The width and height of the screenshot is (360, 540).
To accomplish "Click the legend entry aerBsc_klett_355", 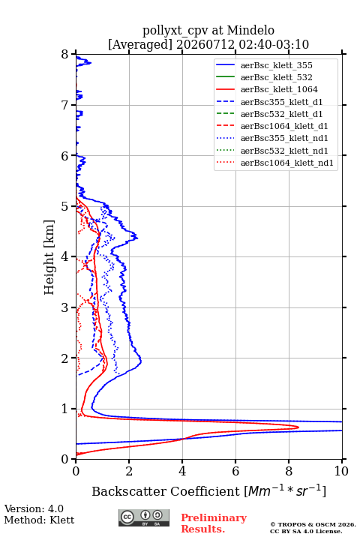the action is click(x=276, y=65).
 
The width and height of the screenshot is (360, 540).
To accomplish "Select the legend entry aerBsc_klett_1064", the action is click(x=279, y=89).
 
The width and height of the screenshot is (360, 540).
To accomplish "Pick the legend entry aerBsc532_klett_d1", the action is click(x=281, y=114).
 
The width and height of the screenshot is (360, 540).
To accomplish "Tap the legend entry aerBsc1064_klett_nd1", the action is click(x=287, y=163).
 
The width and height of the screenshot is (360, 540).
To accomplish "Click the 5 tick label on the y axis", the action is click(x=65, y=206).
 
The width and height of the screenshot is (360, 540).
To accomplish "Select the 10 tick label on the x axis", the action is click(x=341, y=471).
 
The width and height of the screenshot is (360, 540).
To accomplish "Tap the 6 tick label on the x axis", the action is click(x=235, y=471).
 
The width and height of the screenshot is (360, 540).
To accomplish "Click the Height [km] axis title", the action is click(x=49, y=257).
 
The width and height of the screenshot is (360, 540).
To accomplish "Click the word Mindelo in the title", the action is click(x=250, y=30).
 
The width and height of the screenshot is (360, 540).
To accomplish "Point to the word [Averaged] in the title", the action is click(x=140, y=44).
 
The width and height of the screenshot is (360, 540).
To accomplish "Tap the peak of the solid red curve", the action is click(x=298, y=427).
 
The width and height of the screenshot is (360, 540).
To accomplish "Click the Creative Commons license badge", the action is click(x=144, y=518).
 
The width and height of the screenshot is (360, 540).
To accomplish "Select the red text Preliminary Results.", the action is click(x=214, y=523).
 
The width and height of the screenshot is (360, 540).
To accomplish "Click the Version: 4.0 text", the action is click(x=34, y=508).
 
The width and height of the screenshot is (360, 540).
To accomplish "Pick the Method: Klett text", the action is click(x=39, y=520).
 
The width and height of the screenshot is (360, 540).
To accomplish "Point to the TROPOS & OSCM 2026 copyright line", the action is click(x=313, y=524).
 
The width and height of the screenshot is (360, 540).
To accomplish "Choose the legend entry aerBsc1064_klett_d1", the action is click(x=284, y=126).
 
